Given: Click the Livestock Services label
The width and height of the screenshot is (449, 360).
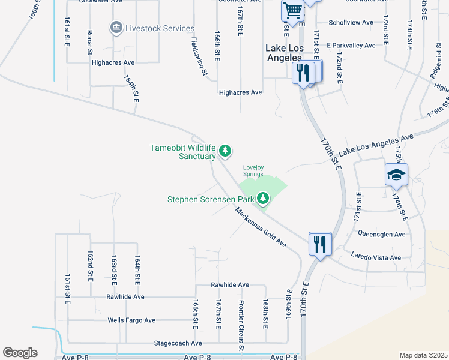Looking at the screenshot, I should (x=160, y=28).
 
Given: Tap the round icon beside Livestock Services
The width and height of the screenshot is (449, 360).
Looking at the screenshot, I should (x=115, y=28).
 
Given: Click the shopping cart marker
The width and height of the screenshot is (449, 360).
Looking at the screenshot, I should (x=292, y=10).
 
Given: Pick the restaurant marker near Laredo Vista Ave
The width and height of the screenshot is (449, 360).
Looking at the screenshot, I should (x=319, y=244).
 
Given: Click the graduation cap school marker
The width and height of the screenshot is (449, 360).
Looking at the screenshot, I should (x=396, y=175).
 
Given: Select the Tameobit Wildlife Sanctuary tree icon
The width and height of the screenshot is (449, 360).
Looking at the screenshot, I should (x=225, y=150).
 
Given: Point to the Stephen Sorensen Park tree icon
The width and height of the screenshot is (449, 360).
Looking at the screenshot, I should (x=262, y=197).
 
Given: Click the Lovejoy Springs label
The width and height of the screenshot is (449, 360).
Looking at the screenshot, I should (x=253, y=171).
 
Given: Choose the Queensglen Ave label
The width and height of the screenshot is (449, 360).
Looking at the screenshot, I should (x=381, y=234).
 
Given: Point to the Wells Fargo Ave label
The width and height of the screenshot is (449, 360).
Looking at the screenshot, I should (x=131, y=320).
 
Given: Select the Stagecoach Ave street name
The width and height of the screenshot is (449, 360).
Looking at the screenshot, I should (x=178, y=343).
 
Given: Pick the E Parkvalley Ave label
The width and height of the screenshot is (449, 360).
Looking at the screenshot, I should (x=351, y=46).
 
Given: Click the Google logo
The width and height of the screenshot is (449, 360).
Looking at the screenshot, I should (x=20, y=353).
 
